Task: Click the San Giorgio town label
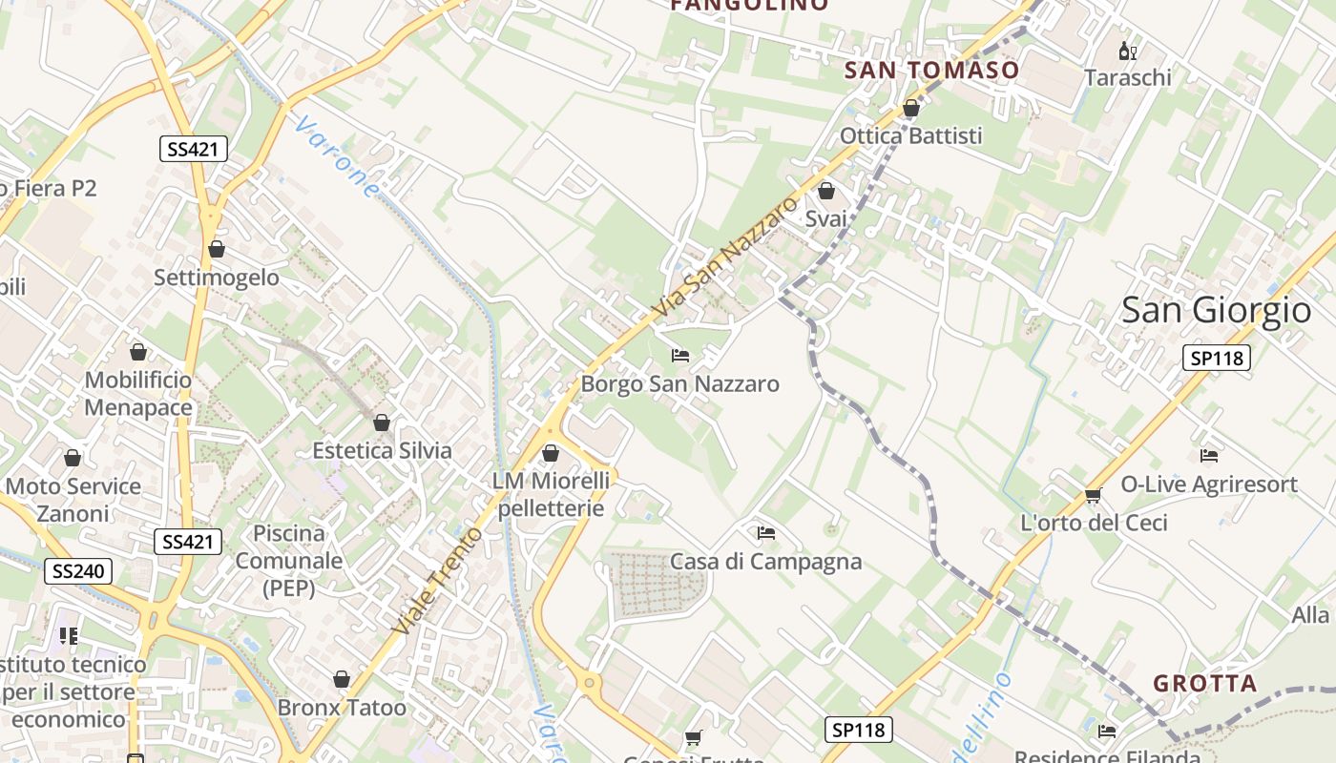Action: tap(1216, 310)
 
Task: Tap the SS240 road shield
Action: tap(78, 571)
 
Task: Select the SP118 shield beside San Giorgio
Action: tap(1216, 358)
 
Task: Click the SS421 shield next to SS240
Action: tap(188, 542)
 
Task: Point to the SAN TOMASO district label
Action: tap(932, 70)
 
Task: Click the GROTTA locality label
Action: tap(1205, 683)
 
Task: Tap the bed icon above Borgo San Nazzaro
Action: tap(680, 356)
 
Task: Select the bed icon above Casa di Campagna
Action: tap(765, 532)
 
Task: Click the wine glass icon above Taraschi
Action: tap(1127, 51)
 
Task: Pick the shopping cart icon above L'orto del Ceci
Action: tap(1094, 495)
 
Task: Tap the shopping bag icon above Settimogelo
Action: tap(217, 249)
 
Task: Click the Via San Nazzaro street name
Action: tap(725, 258)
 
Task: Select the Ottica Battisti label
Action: tap(910, 135)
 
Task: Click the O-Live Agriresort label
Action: tap(1209, 484)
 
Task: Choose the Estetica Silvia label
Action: tap(382, 450)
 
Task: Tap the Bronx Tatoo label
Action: tap(342, 708)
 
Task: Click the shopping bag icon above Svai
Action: tap(826, 191)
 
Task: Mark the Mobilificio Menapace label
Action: tap(138, 393)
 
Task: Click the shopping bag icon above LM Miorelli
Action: tap(551, 453)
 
